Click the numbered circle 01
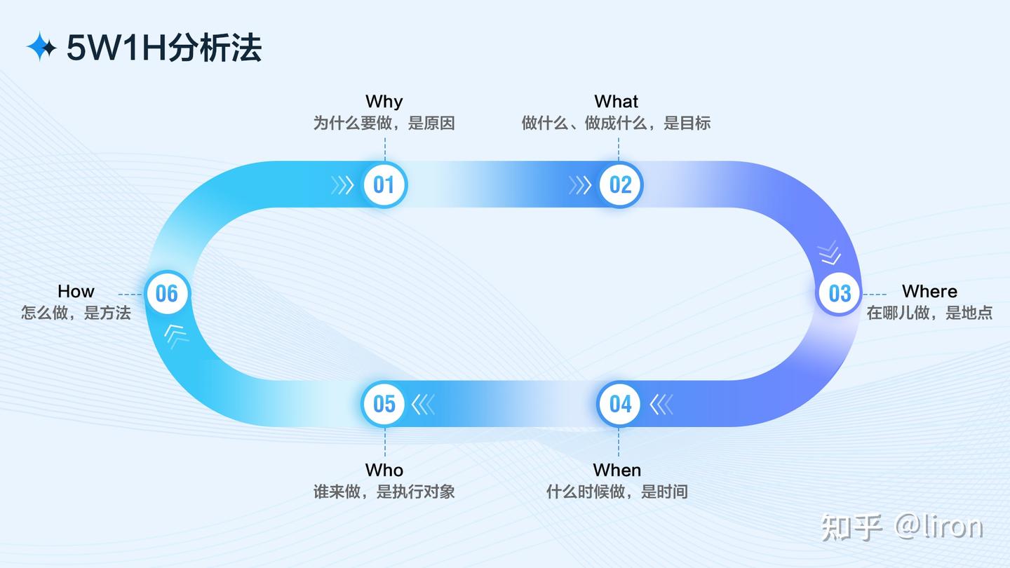coord(384,184)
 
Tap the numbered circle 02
coord(621,184)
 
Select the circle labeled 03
coord(840,293)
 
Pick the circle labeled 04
coord(620,404)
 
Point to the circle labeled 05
coord(384,404)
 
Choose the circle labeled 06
coord(167,293)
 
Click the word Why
coord(384,102)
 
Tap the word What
coord(617,102)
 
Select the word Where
coord(929,291)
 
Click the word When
coord(617,470)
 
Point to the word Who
coord(384,470)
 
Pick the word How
coord(76,291)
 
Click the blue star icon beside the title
coord(41,47)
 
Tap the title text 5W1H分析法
coord(164,48)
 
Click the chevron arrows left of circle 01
coord(342,185)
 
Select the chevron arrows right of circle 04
coord(661,405)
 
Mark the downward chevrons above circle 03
coord(830,252)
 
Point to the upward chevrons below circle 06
coord(176,334)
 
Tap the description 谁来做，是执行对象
coord(384,492)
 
